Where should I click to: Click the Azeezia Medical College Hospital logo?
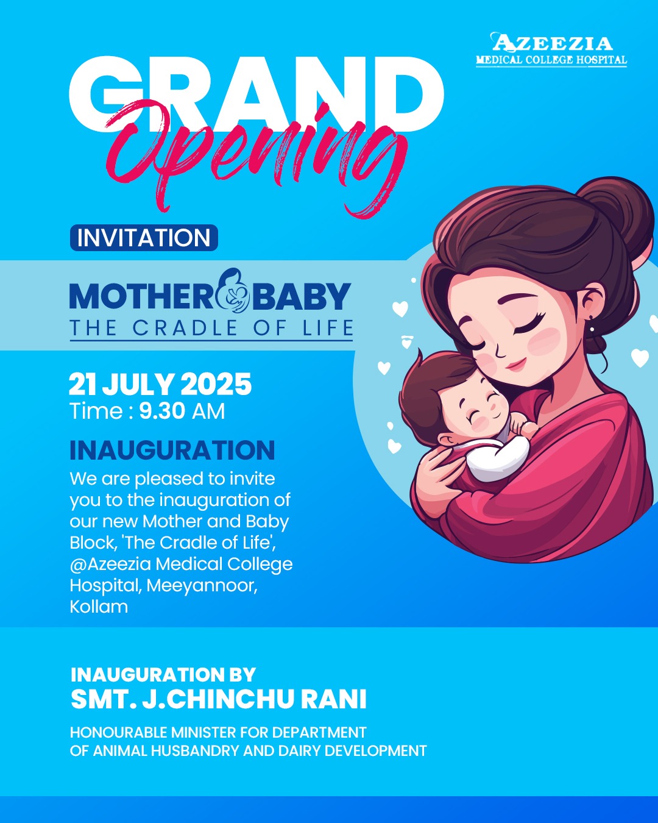(x=551, y=50)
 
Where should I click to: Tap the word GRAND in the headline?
(x=256, y=94)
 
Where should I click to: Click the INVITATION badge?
(x=144, y=238)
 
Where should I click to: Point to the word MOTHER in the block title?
(x=141, y=296)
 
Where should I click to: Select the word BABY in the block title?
(x=302, y=296)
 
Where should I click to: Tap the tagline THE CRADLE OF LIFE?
(x=211, y=328)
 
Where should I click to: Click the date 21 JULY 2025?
(x=160, y=384)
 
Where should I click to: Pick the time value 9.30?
(x=162, y=411)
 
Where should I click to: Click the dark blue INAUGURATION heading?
(x=172, y=450)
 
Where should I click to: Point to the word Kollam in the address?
(x=99, y=607)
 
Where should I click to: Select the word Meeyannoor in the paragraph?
(x=202, y=585)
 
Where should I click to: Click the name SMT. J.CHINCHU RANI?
(x=219, y=699)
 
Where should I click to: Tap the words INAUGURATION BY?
(x=163, y=675)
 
